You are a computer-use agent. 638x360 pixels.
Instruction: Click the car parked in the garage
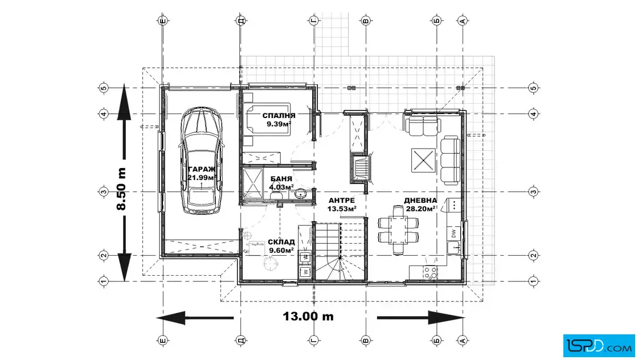[x=202, y=161]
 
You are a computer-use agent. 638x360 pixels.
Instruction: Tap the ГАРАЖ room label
[x=202, y=169]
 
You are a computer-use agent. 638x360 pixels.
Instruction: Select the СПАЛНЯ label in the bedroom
[x=279, y=116]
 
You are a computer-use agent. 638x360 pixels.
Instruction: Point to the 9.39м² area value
[x=279, y=124]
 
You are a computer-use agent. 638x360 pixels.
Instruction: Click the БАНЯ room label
[x=281, y=179]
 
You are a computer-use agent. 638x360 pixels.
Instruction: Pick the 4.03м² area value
[x=281, y=187]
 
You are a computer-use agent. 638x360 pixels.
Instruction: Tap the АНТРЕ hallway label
[x=342, y=201]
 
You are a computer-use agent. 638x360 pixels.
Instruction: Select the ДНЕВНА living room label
[x=420, y=201]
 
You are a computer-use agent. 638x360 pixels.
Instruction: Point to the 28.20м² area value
[x=421, y=209]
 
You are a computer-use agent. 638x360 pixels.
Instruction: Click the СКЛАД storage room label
[x=281, y=243]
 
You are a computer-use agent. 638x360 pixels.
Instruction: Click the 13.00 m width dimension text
[x=308, y=317]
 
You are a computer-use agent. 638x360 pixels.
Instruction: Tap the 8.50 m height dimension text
[x=121, y=189]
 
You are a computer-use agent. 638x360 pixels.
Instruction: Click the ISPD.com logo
[x=599, y=346]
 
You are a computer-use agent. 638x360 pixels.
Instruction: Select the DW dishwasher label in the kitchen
[x=453, y=234]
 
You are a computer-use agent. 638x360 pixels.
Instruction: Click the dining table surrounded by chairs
[x=398, y=230]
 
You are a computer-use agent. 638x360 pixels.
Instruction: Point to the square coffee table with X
[x=423, y=160]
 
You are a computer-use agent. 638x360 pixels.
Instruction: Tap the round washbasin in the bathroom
[x=301, y=194]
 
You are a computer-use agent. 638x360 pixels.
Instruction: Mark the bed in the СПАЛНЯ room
[x=267, y=119]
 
